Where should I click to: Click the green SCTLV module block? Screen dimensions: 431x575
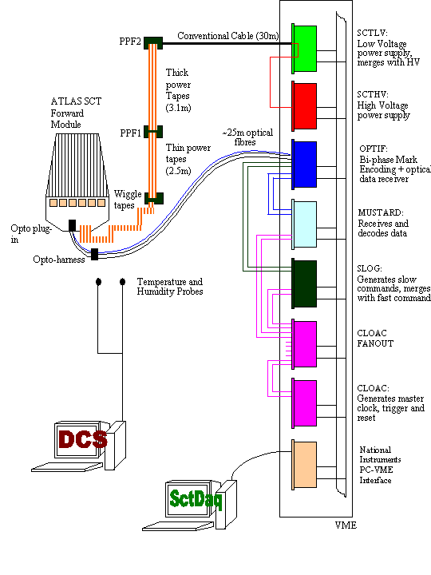(x=305, y=49)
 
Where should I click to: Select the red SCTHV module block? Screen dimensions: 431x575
(x=305, y=106)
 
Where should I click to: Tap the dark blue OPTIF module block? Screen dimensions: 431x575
(x=305, y=165)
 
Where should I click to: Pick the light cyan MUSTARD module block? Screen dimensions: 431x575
(x=305, y=224)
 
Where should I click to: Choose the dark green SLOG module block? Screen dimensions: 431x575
(x=305, y=284)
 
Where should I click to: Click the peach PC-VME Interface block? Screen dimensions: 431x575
(x=305, y=465)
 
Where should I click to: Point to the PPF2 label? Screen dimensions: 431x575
(x=130, y=41)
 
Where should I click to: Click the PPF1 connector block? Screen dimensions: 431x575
(x=153, y=132)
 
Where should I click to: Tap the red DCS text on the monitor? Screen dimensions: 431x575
(x=83, y=439)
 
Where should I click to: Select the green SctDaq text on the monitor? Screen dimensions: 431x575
(x=196, y=499)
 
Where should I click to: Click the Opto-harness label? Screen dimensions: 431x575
(x=59, y=260)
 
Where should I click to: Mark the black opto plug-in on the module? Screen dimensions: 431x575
(x=72, y=225)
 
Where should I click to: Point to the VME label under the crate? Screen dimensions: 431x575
(x=346, y=525)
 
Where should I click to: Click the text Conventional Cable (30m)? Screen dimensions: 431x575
(x=228, y=36)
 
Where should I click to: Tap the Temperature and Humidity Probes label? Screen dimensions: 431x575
(x=170, y=287)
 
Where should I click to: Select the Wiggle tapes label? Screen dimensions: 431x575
(x=128, y=200)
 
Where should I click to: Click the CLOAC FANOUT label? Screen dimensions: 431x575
(x=375, y=338)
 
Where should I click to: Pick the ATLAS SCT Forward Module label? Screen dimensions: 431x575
(x=76, y=113)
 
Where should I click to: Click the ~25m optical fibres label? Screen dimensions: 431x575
(x=247, y=137)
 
